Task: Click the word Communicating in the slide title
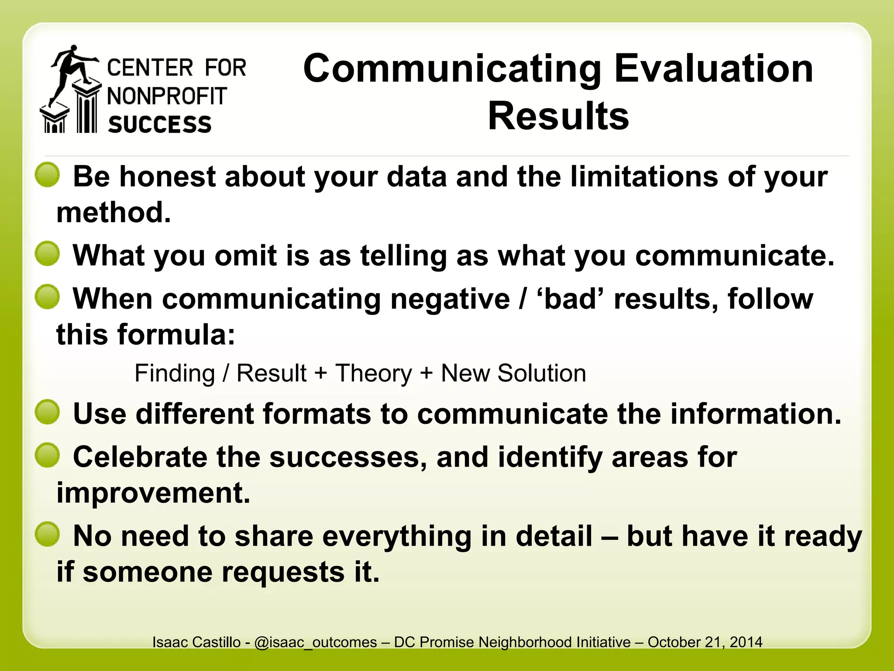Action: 452,69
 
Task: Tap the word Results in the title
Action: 558,116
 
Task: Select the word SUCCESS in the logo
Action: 160,125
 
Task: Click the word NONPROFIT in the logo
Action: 167,96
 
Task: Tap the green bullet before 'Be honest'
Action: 47,175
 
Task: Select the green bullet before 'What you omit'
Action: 47,254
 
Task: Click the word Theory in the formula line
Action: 373,374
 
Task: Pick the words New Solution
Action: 513,374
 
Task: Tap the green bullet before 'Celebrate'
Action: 47,455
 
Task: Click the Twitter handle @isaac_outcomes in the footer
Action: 315,642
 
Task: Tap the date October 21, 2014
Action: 705,642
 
